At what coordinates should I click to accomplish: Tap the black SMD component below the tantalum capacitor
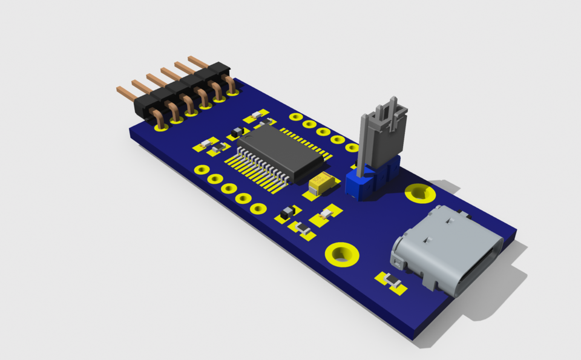[288, 211]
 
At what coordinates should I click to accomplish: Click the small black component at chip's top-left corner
[237, 133]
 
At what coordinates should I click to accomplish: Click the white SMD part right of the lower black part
[327, 212]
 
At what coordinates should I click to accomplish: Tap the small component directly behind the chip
[259, 114]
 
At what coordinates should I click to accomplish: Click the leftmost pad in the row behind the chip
[295, 117]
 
